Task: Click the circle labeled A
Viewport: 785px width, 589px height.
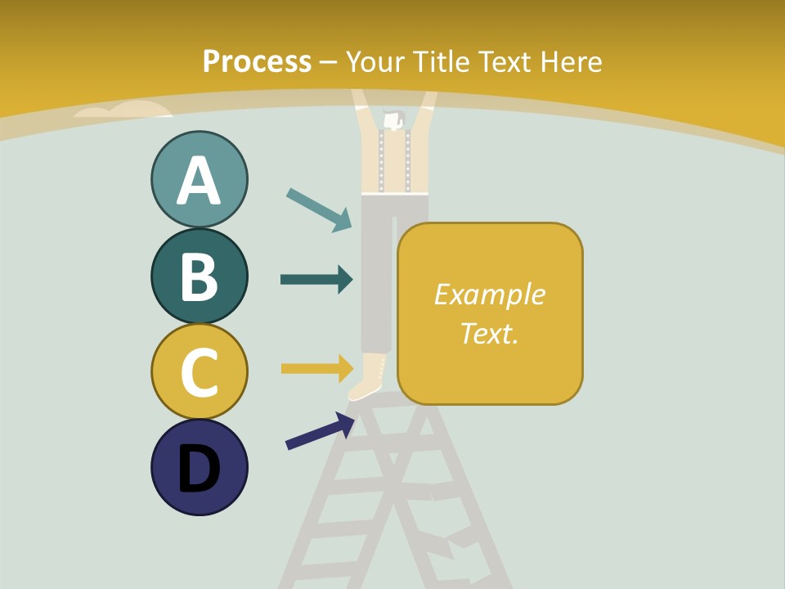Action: [199, 179]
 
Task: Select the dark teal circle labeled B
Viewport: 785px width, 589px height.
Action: [199, 276]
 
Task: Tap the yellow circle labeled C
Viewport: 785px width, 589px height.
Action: [199, 371]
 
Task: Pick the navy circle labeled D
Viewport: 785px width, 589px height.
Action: [199, 467]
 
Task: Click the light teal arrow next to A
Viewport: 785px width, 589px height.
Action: [319, 209]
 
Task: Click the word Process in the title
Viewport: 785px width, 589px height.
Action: [257, 61]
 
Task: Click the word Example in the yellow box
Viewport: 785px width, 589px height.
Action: [489, 294]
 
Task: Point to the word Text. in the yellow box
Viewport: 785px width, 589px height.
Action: [489, 333]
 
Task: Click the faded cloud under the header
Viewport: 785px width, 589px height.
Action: [123, 110]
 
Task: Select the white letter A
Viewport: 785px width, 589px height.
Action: [199, 181]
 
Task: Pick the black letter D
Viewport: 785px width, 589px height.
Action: [199, 469]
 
